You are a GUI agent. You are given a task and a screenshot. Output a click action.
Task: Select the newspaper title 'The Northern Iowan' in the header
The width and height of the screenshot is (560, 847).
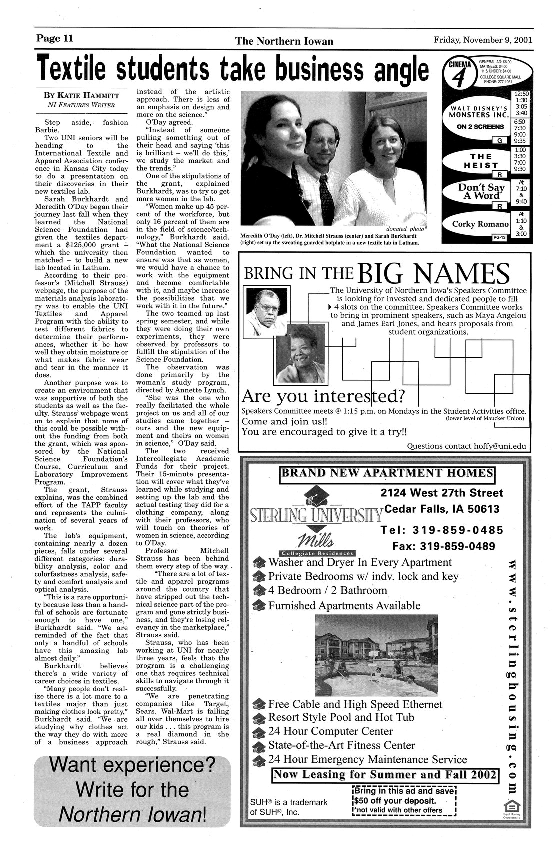coord(284,41)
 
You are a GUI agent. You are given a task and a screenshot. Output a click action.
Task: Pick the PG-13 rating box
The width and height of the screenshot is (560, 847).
coord(499,238)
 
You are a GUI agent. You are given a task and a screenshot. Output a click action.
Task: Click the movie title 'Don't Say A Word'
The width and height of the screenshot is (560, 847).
coord(481,191)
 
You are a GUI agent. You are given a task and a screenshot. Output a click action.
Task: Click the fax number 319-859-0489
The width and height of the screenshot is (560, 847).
coord(443,546)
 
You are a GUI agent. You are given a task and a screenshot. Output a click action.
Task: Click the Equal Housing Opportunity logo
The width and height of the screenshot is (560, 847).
coord(510,807)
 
